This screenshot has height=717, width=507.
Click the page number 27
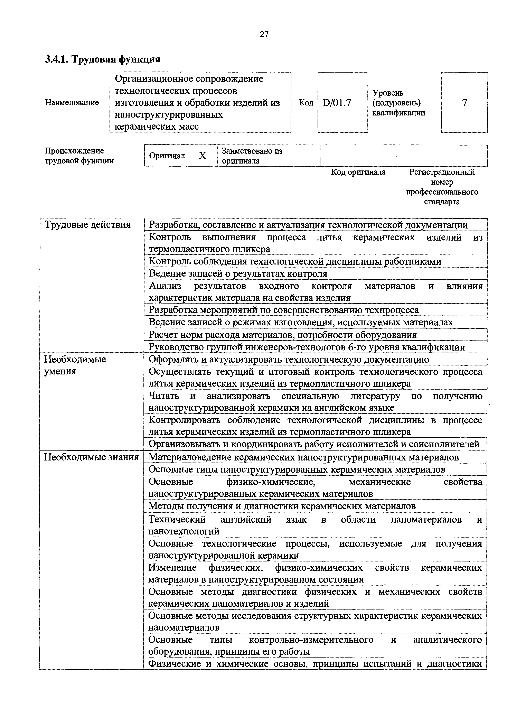click(264, 34)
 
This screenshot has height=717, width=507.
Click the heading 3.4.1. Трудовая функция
click(103, 59)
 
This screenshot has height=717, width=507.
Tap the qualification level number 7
click(464, 103)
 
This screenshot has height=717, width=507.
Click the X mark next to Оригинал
click(202, 156)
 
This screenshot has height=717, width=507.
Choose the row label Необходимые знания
click(91, 457)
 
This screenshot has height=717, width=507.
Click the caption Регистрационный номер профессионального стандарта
click(442, 187)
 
